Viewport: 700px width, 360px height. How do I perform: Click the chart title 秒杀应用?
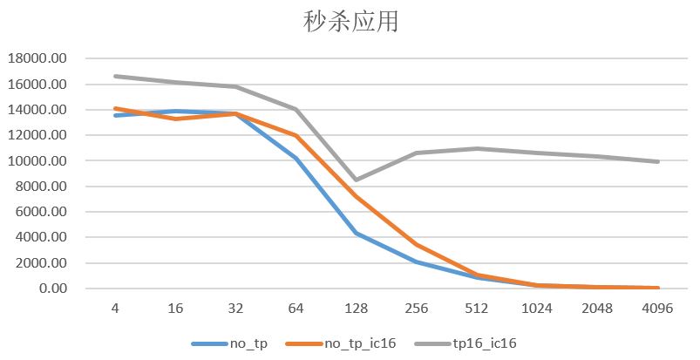[x=350, y=21]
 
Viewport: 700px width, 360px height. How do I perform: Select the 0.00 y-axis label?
[x=51, y=289]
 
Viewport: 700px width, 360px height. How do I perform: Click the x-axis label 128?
[x=357, y=308]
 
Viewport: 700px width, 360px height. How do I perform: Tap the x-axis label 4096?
[x=658, y=308]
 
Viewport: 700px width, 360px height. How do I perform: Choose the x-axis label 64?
[x=296, y=308]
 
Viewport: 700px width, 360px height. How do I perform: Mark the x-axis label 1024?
[x=538, y=308]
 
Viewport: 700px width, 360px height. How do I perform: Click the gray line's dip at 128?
[x=357, y=180]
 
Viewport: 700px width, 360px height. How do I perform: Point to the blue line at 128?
[x=357, y=233]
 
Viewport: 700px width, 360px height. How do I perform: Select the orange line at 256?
[x=417, y=245]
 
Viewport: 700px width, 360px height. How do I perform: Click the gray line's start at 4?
[x=115, y=76]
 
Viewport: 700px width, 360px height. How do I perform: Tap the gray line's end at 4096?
[x=658, y=161]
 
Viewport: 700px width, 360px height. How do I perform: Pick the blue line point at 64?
[x=296, y=158]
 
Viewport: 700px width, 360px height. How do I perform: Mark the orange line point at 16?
[x=175, y=119]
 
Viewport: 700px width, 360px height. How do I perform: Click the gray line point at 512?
[x=477, y=148]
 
